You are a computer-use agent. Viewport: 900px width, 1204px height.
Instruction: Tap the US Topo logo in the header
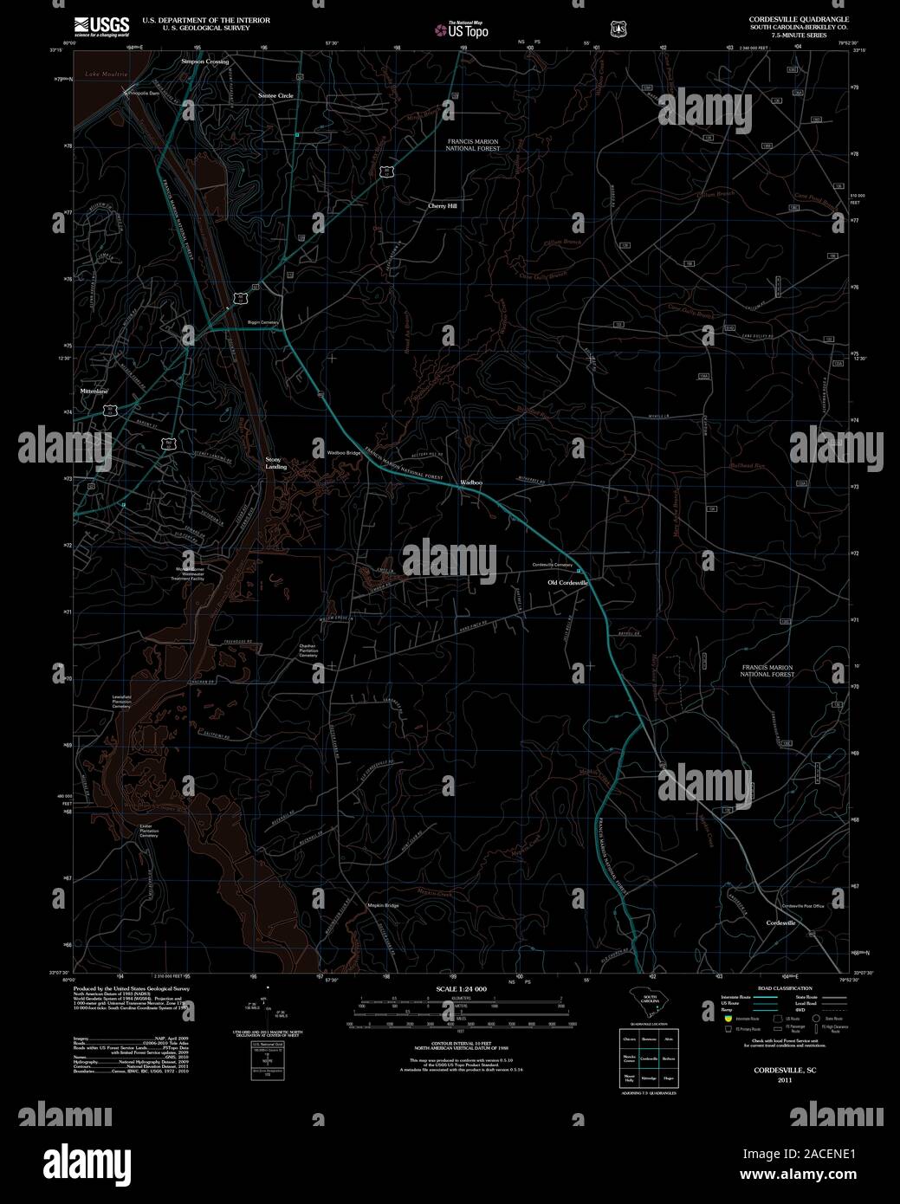pos(463,29)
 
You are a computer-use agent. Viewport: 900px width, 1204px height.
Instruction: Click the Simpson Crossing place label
pos(205,62)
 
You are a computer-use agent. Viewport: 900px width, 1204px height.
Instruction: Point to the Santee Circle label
pos(275,95)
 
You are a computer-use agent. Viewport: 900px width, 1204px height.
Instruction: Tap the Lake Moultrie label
pos(107,75)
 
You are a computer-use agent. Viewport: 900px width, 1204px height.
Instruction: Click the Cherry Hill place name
pos(442,206)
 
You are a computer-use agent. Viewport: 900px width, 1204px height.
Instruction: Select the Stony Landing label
pos(275,463)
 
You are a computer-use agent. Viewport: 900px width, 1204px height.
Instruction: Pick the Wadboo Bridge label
pos(343,452)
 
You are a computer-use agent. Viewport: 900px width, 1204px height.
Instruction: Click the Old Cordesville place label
pos(567,583)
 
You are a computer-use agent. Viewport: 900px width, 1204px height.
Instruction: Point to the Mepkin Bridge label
pos(382,905)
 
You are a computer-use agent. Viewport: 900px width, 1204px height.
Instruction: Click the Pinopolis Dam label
pos(142,93)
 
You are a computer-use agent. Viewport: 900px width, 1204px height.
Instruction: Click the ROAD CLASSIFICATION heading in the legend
pos(784,988)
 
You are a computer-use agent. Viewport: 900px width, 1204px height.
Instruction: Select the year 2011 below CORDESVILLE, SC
pos(785,1080)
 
